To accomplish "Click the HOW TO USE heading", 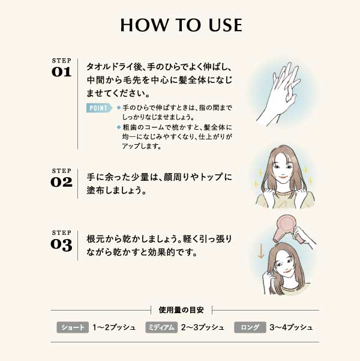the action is coord(181,25).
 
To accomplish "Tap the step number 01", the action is coord(61,72).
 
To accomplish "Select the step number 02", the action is coord(61,182).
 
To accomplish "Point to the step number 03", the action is coord(61,244).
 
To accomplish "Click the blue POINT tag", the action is coord(99,108).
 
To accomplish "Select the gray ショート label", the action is coord(73,327).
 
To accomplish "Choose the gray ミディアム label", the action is coord(161,327).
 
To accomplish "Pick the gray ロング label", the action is coord(250,327).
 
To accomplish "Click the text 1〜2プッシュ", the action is coord(114,327).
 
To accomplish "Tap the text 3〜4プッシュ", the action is coord(291,327).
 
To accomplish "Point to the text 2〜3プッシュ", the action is coord(203,327).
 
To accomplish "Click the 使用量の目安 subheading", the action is coord(181,310).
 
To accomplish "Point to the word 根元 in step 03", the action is coord(95,239).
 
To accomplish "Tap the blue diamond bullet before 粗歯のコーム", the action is coord(119,127).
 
